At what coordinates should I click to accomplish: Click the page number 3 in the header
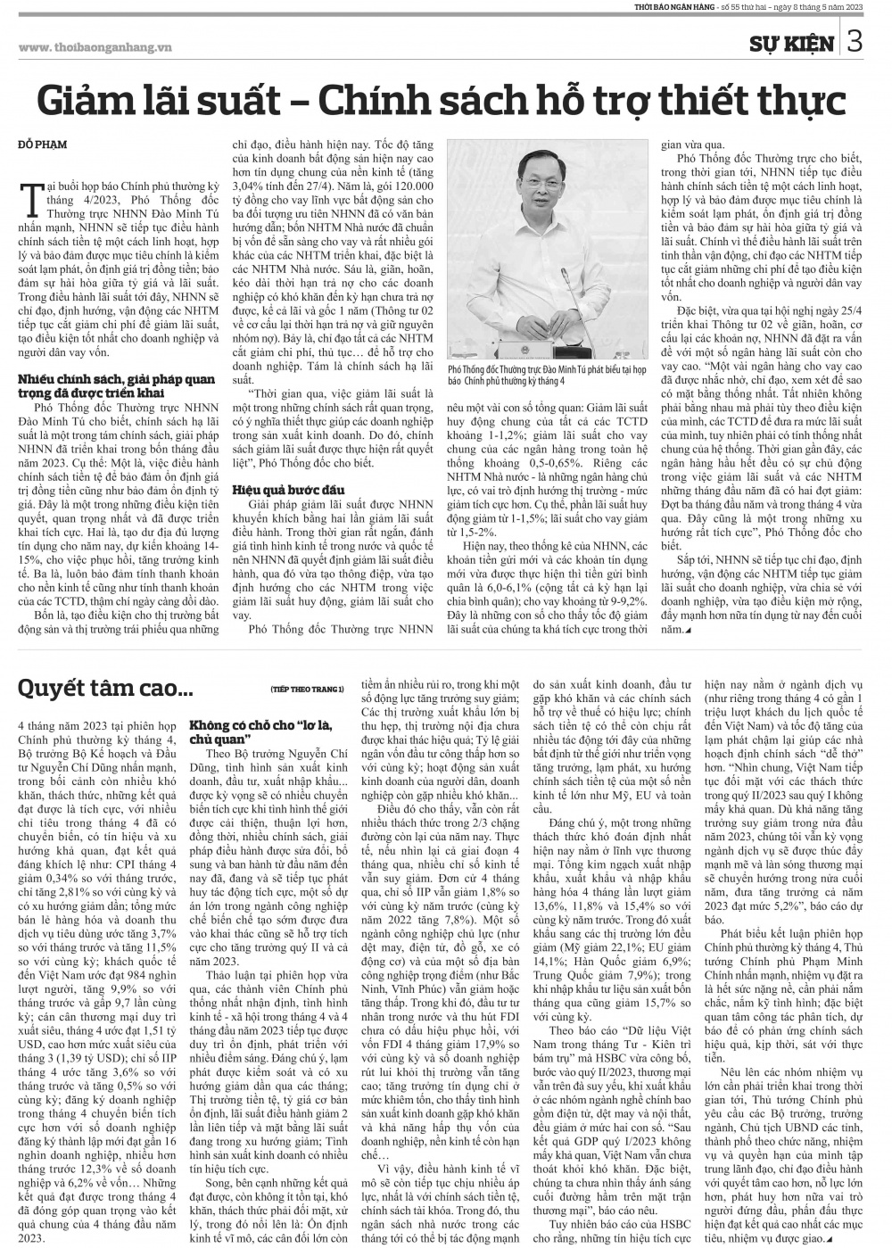click(x=854, y=42)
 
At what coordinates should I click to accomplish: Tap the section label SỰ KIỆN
click(x=793, y=44)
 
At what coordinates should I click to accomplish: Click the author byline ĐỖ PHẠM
click(x=43, y=144)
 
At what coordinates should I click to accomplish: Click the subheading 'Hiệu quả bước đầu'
click(x=279, y=490)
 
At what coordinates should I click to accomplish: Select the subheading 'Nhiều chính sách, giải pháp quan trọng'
click(x=116, y=384)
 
